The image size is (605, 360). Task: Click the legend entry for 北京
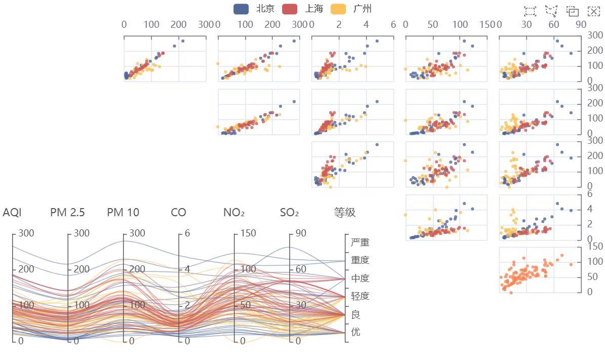click(x=254, y=9)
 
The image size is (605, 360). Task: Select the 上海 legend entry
click(x=303, y=9)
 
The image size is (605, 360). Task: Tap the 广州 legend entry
click(x=351, y=9)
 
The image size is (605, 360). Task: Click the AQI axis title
click(x=12, y=212)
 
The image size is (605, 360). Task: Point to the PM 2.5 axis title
click(x=67, y=212)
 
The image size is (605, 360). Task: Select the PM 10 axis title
click(x=123, y=212)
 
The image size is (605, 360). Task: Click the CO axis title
click(x=178, y=212)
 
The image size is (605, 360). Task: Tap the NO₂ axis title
click(x=234, y=213)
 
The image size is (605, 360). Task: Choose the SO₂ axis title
click(x=290, y=213)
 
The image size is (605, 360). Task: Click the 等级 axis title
click(x=345, y=212)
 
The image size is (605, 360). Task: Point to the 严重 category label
click(x=360, y=243)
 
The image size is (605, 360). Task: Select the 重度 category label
click(x=360, y=260)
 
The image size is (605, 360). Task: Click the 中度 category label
click(x=360, y=278)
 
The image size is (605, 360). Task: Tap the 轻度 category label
click(x=360, y=296)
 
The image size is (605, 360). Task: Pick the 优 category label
click(x=355, y=332)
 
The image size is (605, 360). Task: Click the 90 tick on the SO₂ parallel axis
click(x=301, y=233)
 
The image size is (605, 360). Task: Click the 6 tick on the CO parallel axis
click(x=187, y=233)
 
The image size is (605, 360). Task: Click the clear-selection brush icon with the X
click(x=593, y=11)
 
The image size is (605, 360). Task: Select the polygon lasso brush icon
click(x=551, y=11)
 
